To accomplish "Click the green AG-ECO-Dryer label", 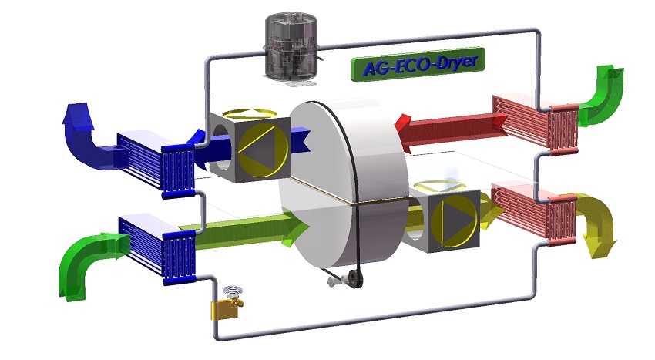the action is pos(418,65).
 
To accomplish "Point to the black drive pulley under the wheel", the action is pos(355,279).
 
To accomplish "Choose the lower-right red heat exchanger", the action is pos(534,214).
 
